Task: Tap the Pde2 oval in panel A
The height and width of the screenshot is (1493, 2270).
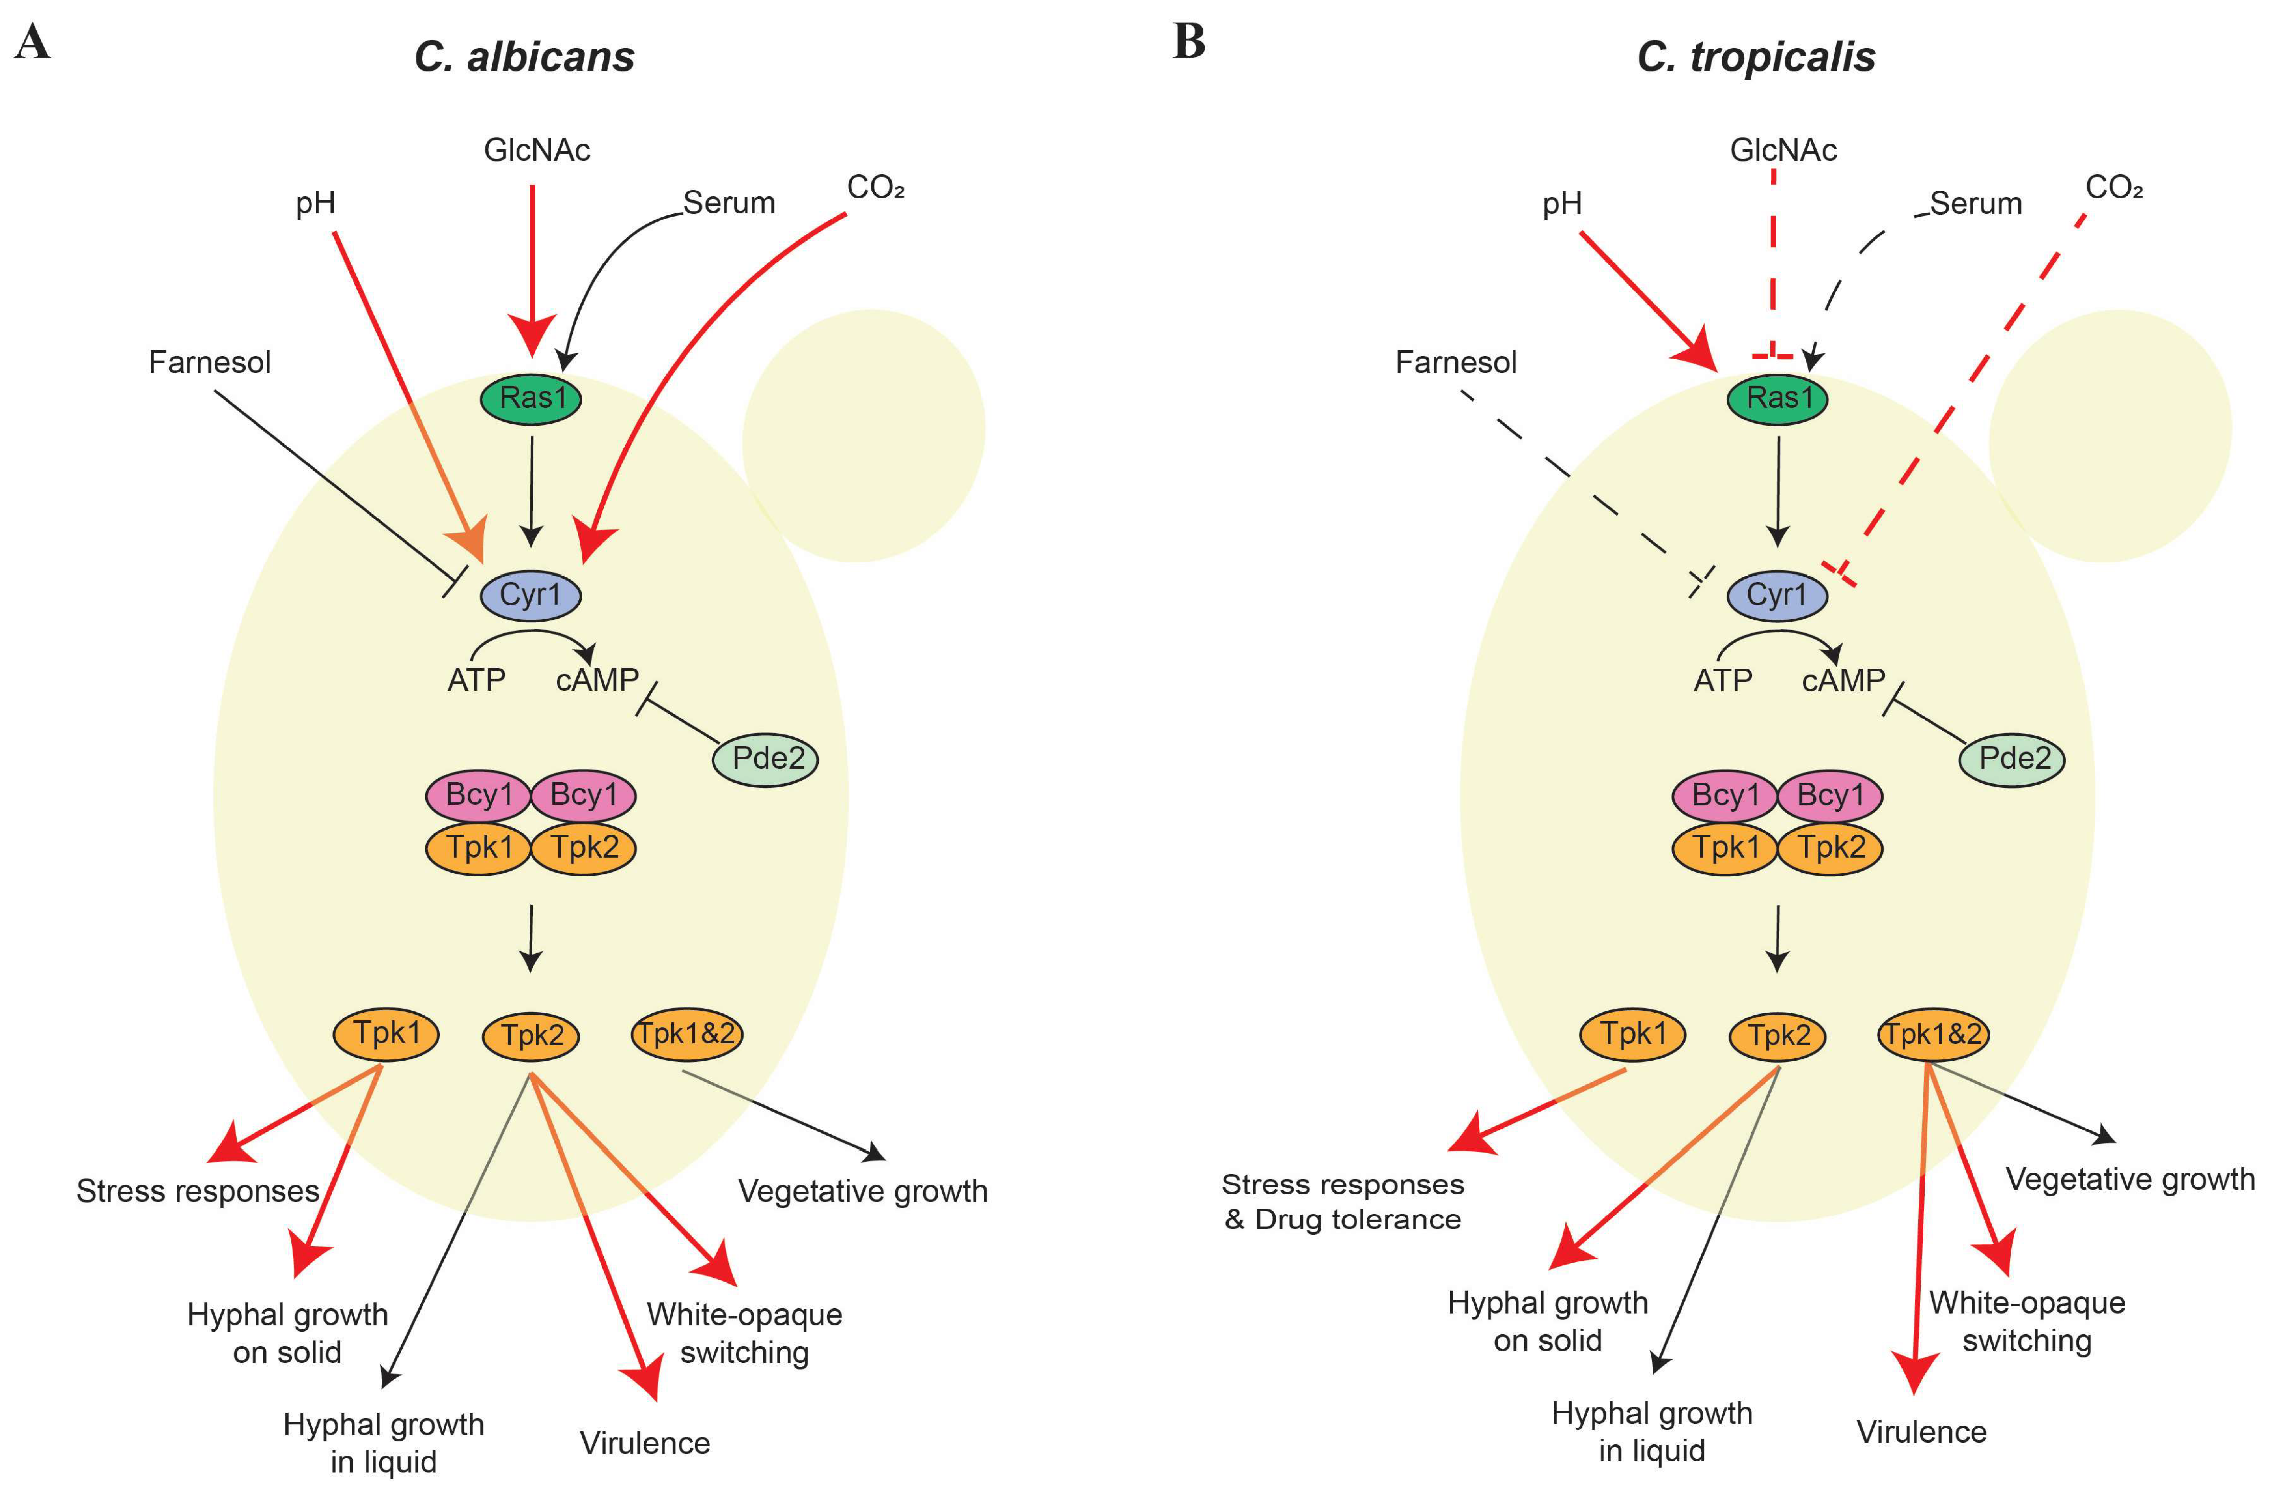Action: (766, 759)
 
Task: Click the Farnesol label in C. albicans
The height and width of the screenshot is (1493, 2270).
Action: (210, 363)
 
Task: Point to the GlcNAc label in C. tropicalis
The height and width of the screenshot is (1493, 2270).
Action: (1783, 150)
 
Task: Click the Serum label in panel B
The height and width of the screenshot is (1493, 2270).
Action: (1975, 203)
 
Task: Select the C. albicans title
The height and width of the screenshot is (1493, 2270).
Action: (524, 57)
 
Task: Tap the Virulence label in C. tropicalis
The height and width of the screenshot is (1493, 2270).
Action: (1921, 1432)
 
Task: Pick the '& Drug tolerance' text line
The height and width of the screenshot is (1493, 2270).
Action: (1343, 1219)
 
